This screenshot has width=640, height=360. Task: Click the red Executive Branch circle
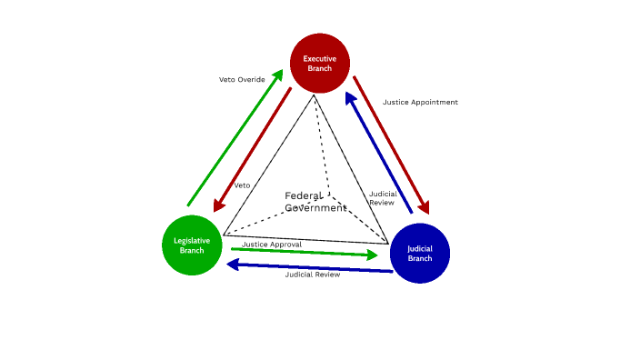(x=320, y=63)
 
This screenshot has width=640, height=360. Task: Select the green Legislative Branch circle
(x=192, y=245)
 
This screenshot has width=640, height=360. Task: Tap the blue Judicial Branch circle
(x=420, y=253)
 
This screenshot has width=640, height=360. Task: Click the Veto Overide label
(x=242, y=79)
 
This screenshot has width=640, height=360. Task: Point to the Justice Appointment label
(x=420, y=102)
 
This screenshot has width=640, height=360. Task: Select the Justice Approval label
(x=272, y=244)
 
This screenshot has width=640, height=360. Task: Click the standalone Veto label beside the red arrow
(x=242, y=185)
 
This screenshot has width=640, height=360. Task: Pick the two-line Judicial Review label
(x=382, y=198)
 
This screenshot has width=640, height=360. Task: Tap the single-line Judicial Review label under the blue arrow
(x=312, y=275)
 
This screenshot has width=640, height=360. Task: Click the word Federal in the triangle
(x=302, y=195)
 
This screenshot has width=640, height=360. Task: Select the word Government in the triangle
(x=316, y=207)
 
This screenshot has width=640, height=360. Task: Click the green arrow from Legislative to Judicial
(x=300, y=252)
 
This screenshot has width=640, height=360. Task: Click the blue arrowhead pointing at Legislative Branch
(x=232, y=265)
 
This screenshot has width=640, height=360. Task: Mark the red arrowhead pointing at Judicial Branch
(x=423, y=207)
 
